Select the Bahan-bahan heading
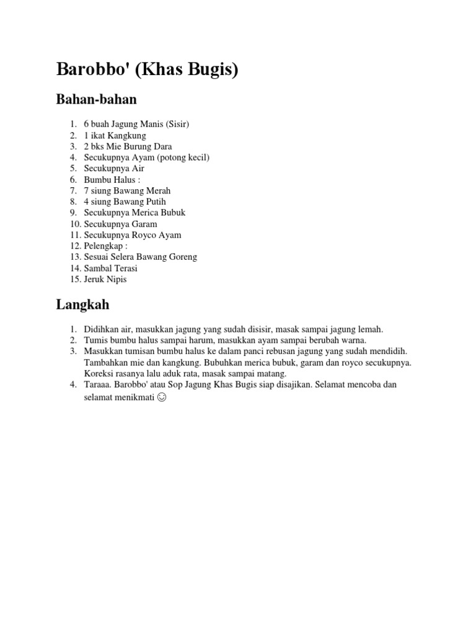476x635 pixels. pos(96,99)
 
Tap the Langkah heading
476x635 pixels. pos(82,304)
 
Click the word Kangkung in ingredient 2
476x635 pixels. pos(127,135)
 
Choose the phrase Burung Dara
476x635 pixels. pos(148,146)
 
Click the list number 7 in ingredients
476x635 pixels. pos(73,190)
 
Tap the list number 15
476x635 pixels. pos(74,279)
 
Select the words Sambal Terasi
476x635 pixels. pos(111,268)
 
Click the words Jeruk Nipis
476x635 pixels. pos(105,279)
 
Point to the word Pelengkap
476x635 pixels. pos(104,246)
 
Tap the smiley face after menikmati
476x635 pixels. pos(162,397)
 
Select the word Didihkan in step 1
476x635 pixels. pos(102,329)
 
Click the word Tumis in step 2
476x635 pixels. pos(95,340)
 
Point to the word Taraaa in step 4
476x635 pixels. pos(98,384)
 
